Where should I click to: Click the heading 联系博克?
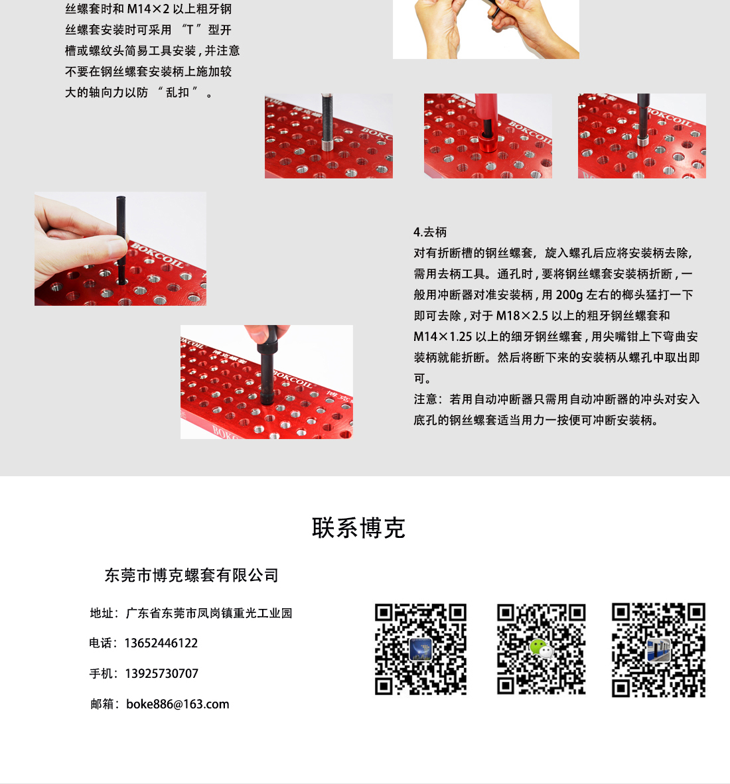click(x=358, y=528)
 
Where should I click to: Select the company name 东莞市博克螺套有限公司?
click(x=192, y=576)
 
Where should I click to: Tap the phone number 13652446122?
click(x=161, y=643)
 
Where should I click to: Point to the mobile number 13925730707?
click(x=162, y=673)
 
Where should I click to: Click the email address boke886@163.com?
click(x=178, y=704)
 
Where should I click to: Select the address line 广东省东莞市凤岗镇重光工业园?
click(x=209, y=613)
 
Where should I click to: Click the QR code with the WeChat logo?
click(x=541, y=649)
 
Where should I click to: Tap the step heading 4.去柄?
click(x=430, y=232)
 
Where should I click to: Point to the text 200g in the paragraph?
click(x=569, y=295)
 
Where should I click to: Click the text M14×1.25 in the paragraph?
click(x=443, y=336)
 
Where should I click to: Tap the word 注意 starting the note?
click(x=425, y=399)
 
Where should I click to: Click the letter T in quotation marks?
click(x=190, y=30)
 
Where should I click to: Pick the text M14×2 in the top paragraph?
click(x=148, y=9)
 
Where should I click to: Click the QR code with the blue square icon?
click(x=421, y=649)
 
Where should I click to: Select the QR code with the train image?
click(x=658, y=649)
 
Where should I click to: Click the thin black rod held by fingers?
click(x=121, y=240)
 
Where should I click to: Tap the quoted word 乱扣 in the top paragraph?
click(x=177, y=92)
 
